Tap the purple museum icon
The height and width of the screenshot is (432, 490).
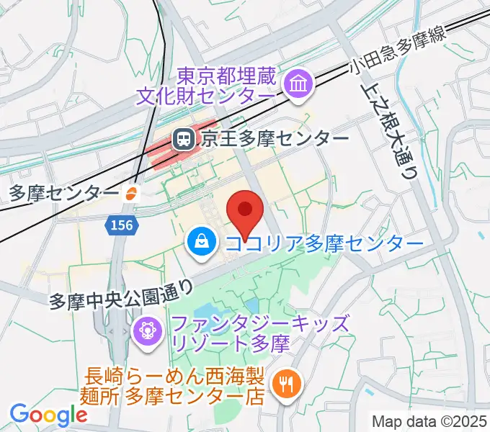coord(296,85)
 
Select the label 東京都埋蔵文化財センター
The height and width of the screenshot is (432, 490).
coord(206,85)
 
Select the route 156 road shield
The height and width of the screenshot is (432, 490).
coord(121,226)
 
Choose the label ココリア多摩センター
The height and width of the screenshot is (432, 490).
coord(324,243)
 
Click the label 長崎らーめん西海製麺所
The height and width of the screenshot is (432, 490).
coord(176,385)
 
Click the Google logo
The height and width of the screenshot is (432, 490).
coord(48,414)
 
